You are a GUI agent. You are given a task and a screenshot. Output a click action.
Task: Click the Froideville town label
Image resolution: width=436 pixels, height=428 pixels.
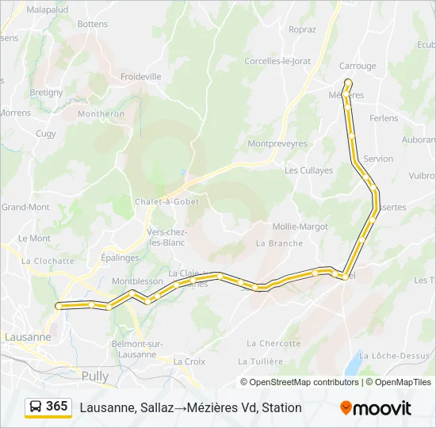point(140,77)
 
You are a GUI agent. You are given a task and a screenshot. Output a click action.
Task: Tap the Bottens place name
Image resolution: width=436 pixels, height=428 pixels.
point(93,25)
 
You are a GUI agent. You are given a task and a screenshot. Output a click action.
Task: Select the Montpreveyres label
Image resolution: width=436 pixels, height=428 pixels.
point(277,144)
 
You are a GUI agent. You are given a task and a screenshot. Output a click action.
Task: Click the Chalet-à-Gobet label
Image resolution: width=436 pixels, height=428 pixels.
point(166,201)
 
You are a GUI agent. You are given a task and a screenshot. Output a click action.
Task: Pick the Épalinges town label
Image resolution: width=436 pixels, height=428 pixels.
point(120,258)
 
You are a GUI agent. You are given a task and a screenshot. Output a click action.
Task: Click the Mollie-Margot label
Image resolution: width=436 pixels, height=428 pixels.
point(300,227)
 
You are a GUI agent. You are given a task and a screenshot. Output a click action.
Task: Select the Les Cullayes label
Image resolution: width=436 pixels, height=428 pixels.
point(309,170)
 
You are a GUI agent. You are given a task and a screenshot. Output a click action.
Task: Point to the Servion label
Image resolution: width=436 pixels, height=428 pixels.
point(378,159)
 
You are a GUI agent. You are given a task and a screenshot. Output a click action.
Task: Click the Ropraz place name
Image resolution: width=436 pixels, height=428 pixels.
point(302,30)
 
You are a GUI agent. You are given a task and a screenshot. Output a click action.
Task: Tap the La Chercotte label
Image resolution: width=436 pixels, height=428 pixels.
point(273,343)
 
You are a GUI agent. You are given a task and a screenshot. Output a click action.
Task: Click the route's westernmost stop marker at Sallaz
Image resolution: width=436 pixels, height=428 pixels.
point(59,306)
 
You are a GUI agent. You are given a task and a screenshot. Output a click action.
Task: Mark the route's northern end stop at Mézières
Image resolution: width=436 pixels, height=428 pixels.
point(348,82)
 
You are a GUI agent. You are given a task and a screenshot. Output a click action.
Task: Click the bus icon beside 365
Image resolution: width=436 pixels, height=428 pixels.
point(36,407)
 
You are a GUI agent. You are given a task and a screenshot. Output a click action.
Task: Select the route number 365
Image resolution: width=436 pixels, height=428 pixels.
point(57,407)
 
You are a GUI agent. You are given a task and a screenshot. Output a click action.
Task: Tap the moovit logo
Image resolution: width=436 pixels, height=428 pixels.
point(376,407)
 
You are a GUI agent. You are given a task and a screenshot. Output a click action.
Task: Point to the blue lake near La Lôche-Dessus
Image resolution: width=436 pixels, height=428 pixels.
point(351,365)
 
